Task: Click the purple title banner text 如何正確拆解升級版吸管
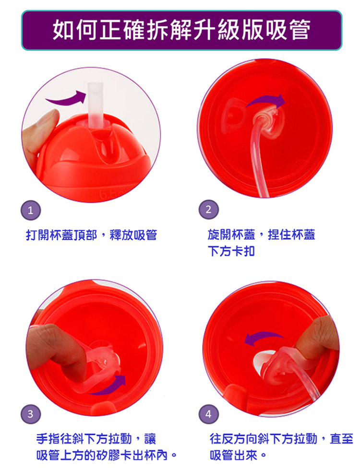181,30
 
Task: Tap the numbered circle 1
30,211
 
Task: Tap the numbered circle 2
208,209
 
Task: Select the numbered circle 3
30,414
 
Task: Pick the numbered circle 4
208,414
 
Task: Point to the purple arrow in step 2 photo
266,100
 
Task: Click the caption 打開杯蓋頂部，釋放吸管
91,235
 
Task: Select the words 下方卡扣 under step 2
231,251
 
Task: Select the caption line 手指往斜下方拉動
84,439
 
